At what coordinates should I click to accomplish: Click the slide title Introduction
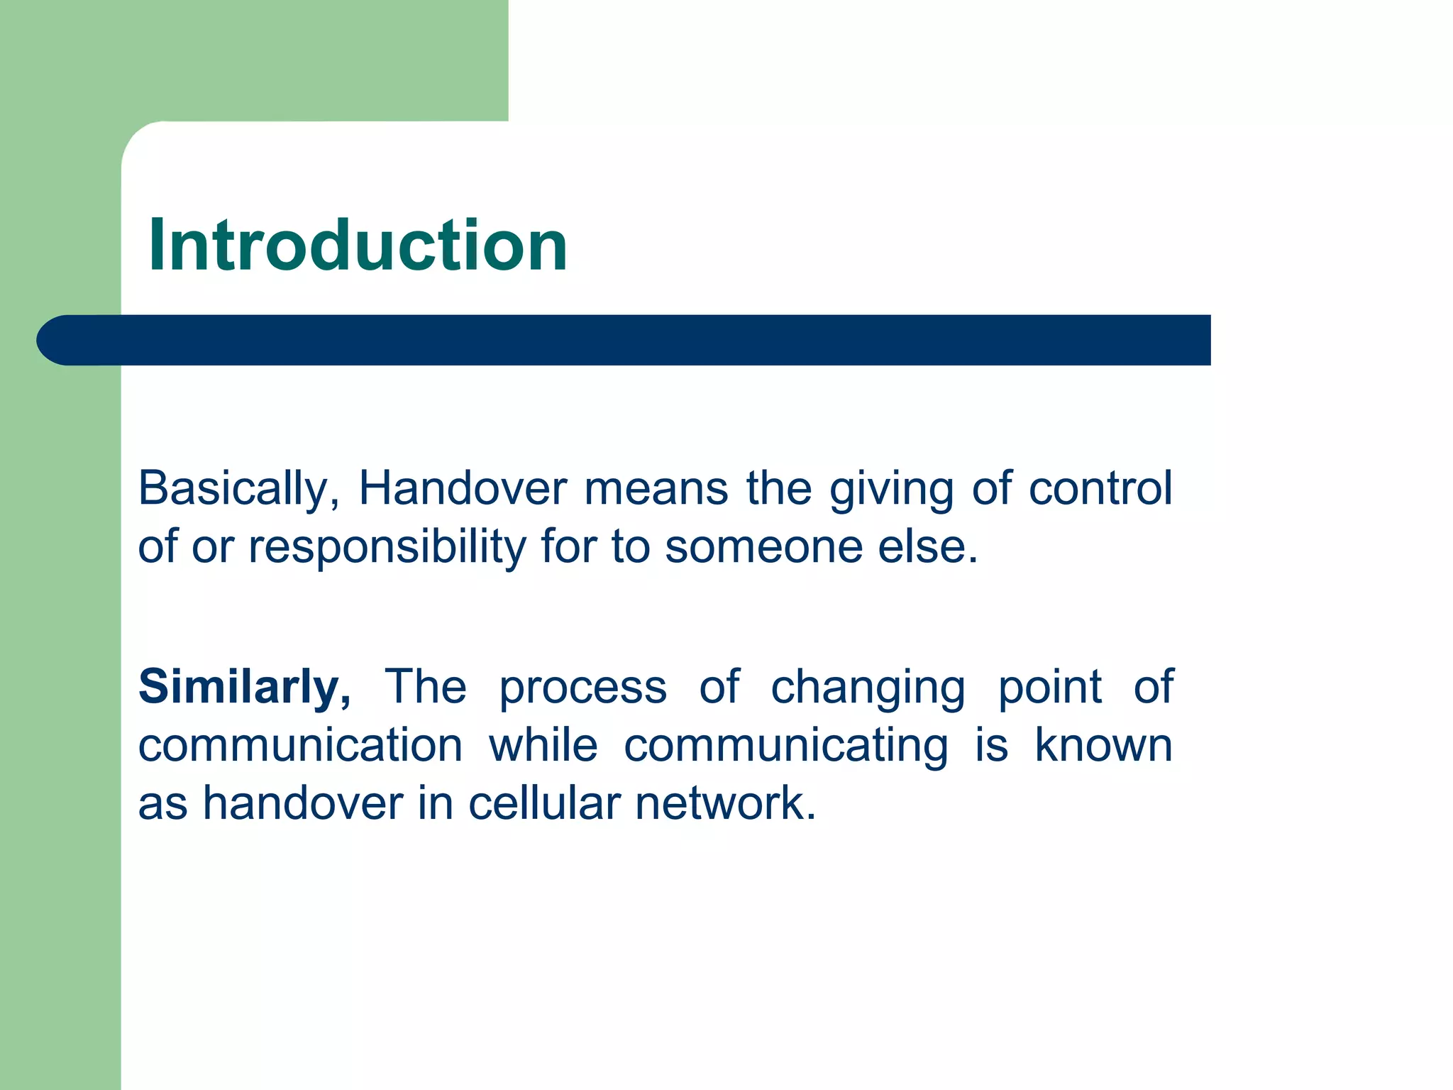[358, 246]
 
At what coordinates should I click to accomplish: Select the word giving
[891, 490]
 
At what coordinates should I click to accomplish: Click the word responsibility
[387, 548]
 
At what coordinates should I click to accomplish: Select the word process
[582, 688]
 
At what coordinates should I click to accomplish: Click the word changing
[868, 688]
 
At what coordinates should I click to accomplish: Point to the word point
[1050, 687]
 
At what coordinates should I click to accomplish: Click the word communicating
[785, 747]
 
